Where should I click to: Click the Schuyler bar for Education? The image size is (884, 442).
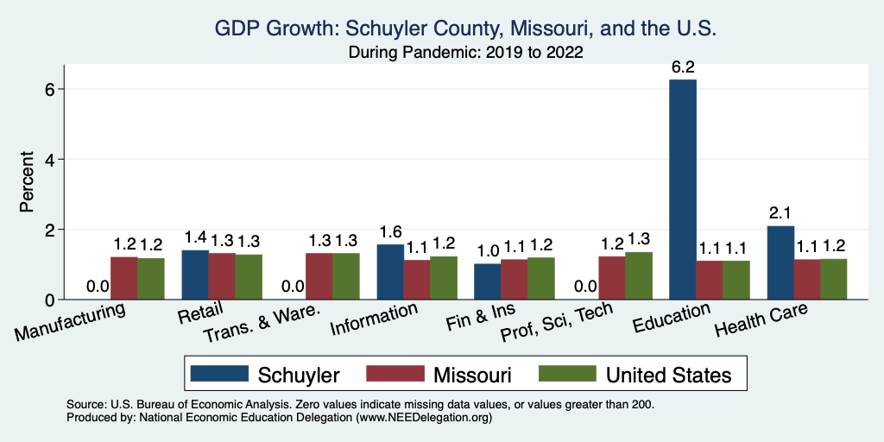(x=683, y=190)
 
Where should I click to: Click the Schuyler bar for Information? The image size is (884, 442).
(x=390, y=272)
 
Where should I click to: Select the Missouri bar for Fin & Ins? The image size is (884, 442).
(x=515, y=279)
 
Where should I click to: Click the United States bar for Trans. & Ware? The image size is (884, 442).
(x=346, y=276)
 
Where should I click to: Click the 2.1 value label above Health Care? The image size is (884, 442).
(x=780, y=212)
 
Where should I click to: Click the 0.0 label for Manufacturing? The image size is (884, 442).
(x=97, y=287)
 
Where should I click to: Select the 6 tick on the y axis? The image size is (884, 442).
(x=50, y=89)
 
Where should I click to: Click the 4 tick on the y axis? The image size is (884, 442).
(x=50, y=160)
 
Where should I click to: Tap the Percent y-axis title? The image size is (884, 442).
(x=28, y=183)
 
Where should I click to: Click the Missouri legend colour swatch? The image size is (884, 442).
(x=394, y=374)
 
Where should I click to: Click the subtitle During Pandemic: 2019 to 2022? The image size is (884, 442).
(x=465, y=54)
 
